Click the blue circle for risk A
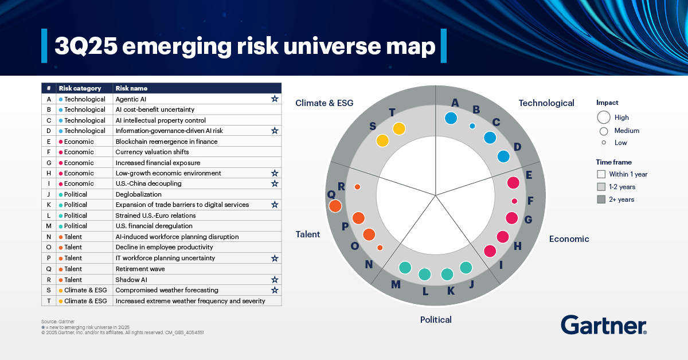coord(451,118)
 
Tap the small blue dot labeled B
coord(472,126)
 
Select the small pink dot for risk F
coord(514,201)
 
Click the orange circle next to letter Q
coord(335,205)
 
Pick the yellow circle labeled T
coord(399,128)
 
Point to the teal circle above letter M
coord(405,267)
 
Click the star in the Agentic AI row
coord(275,99)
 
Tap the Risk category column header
coord(80,88)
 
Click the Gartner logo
coord(604,324)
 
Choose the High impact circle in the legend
coord(603,118)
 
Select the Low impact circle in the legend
coord(603,143)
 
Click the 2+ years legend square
coord(601,199)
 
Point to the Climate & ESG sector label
coord(325,103)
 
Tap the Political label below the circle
coord(436,320)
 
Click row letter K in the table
coord(49,205)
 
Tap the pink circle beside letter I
coord(490,251)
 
